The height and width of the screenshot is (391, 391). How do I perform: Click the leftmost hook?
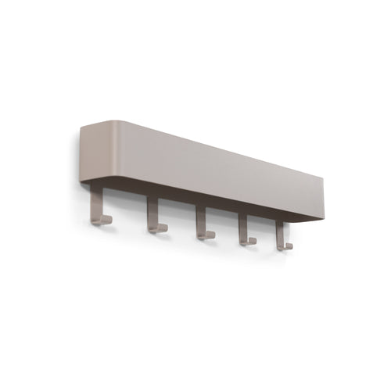click(x=96, y=208)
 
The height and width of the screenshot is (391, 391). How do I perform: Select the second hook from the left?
click(x=153, y=217)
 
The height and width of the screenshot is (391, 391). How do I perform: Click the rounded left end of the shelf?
click(x=83, y=152)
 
